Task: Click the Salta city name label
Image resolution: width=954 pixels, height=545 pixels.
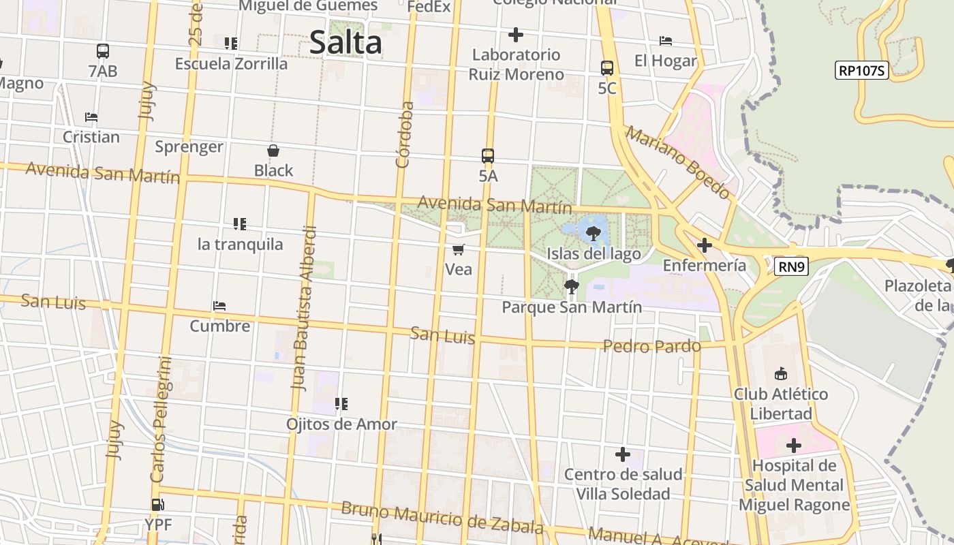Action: point(345,43)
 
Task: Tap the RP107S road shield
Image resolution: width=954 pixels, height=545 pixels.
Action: point(862,69)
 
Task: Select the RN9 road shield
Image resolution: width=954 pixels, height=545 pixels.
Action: point(791,266)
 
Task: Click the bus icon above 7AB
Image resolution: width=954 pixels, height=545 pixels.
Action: point(103,50)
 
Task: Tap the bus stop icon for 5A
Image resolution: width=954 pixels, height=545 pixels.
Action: point(488,155)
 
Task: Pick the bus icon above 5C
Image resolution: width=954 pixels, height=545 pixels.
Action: point(607,67)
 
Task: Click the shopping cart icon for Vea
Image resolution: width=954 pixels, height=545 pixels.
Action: point(459,249)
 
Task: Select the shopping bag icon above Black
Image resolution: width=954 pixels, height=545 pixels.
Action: point(273,151)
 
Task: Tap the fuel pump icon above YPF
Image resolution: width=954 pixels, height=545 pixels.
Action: point(157,505)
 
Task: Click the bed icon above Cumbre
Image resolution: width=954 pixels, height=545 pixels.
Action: point(219,306)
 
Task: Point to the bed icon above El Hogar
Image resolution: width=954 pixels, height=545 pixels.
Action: point(666,41)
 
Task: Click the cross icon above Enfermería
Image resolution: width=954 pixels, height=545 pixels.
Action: point(705,245)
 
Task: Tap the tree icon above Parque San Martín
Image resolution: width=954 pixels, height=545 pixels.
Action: point(572,287)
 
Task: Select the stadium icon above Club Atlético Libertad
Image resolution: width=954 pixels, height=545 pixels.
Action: point(781,373)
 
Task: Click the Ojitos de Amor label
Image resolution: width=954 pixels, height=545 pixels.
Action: point(341,424)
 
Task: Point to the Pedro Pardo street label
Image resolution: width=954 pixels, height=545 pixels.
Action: point(651,346)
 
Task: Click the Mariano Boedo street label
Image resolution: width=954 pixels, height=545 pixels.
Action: point(677,163)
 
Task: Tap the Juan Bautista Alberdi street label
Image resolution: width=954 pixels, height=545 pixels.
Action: point(304,308)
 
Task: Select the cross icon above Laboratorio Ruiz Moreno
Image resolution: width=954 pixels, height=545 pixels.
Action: point(516,34)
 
